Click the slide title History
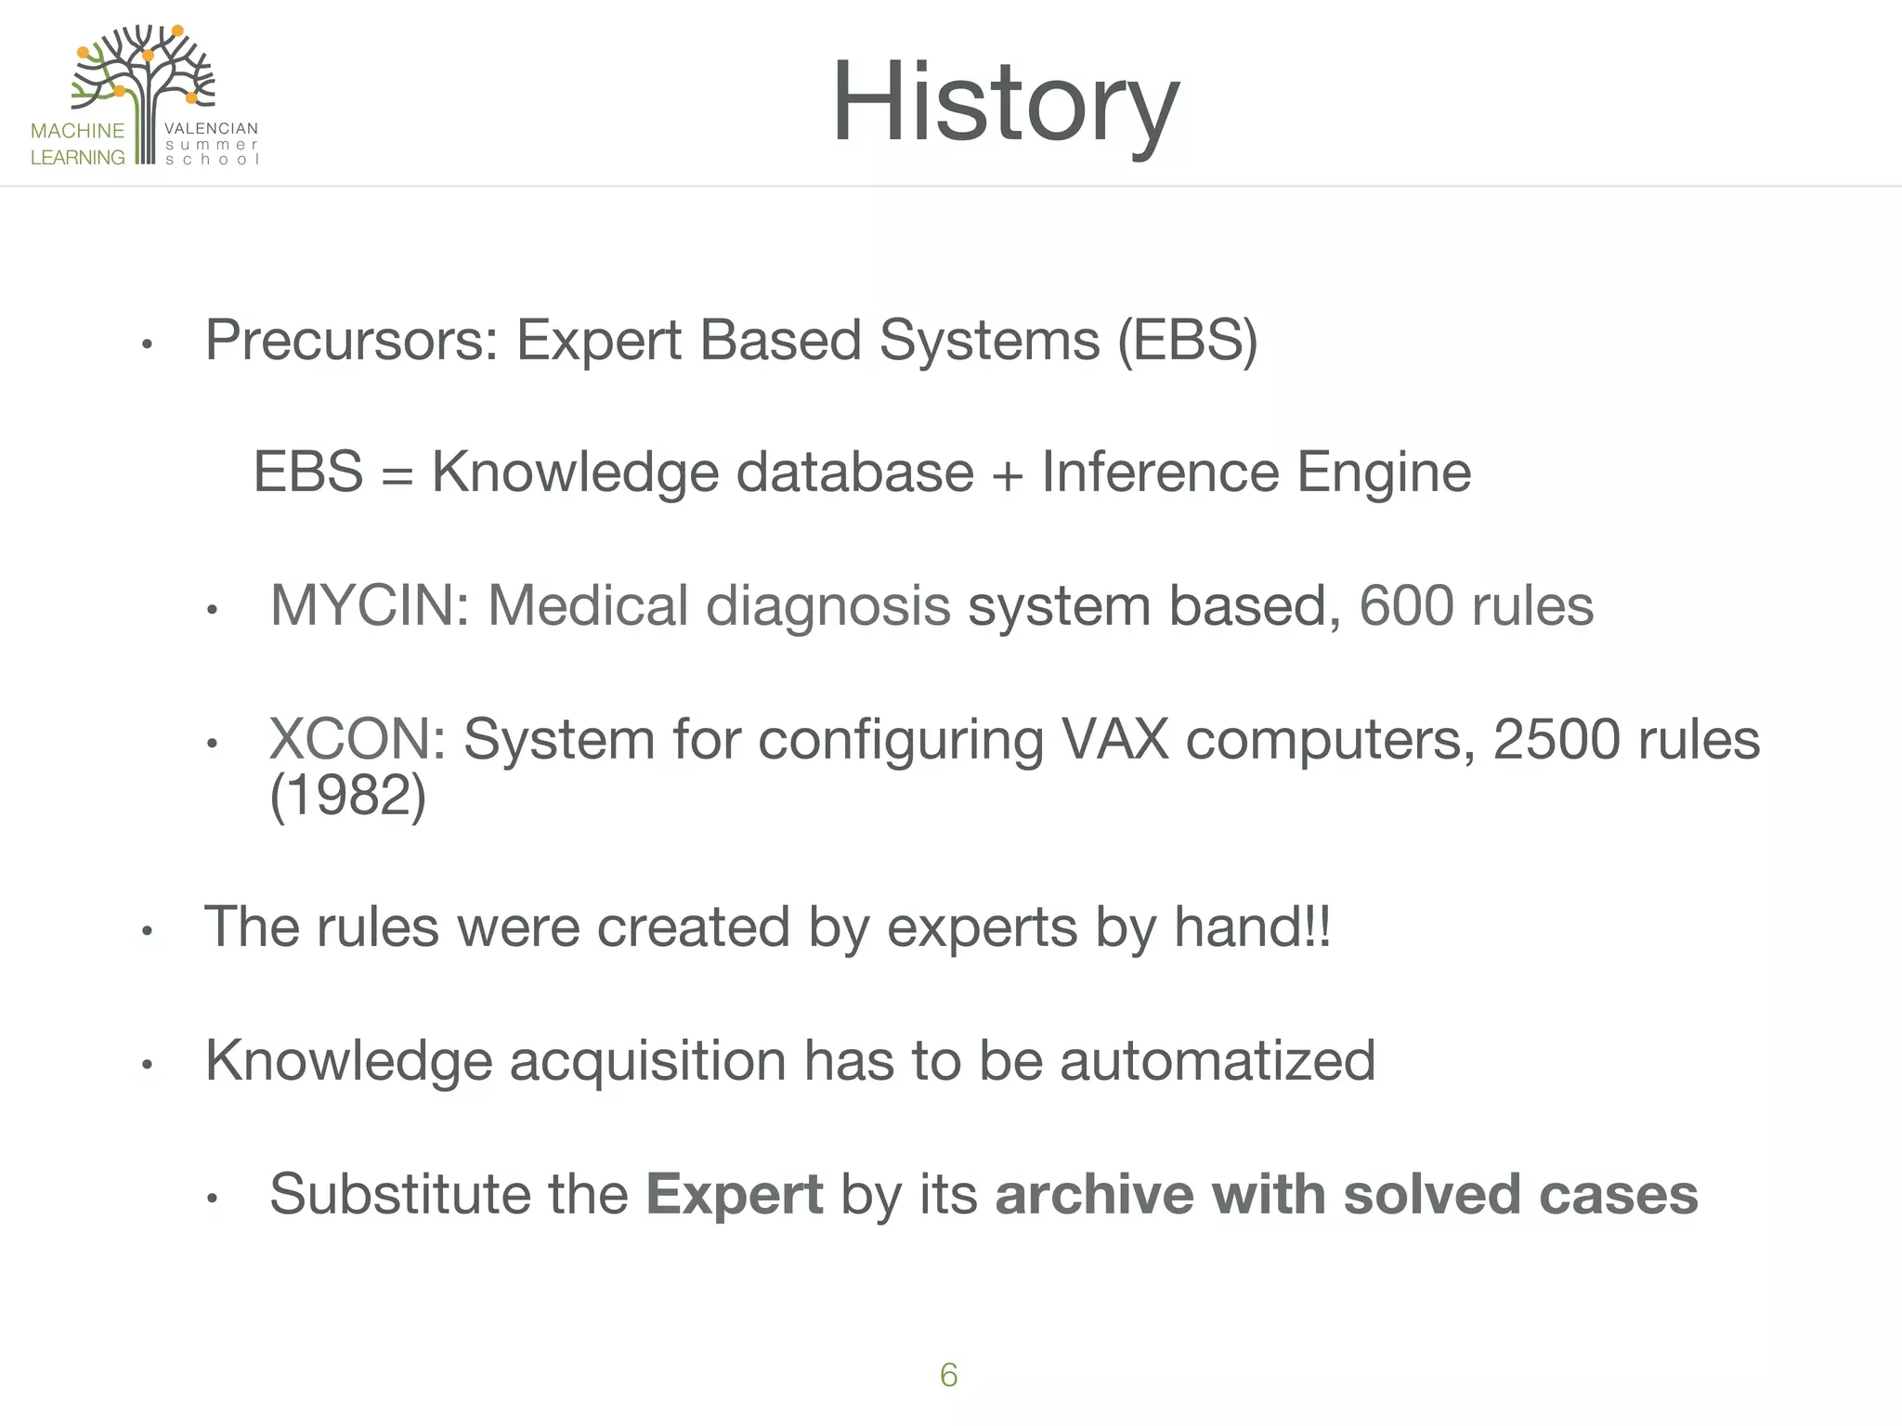1005,102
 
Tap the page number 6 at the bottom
948,1375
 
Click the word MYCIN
369,606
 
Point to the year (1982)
347,796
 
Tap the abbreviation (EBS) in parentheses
1188,341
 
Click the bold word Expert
734,1194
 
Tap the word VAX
1114,740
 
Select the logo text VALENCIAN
211,129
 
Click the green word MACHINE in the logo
77,131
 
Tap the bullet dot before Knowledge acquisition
147,1065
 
